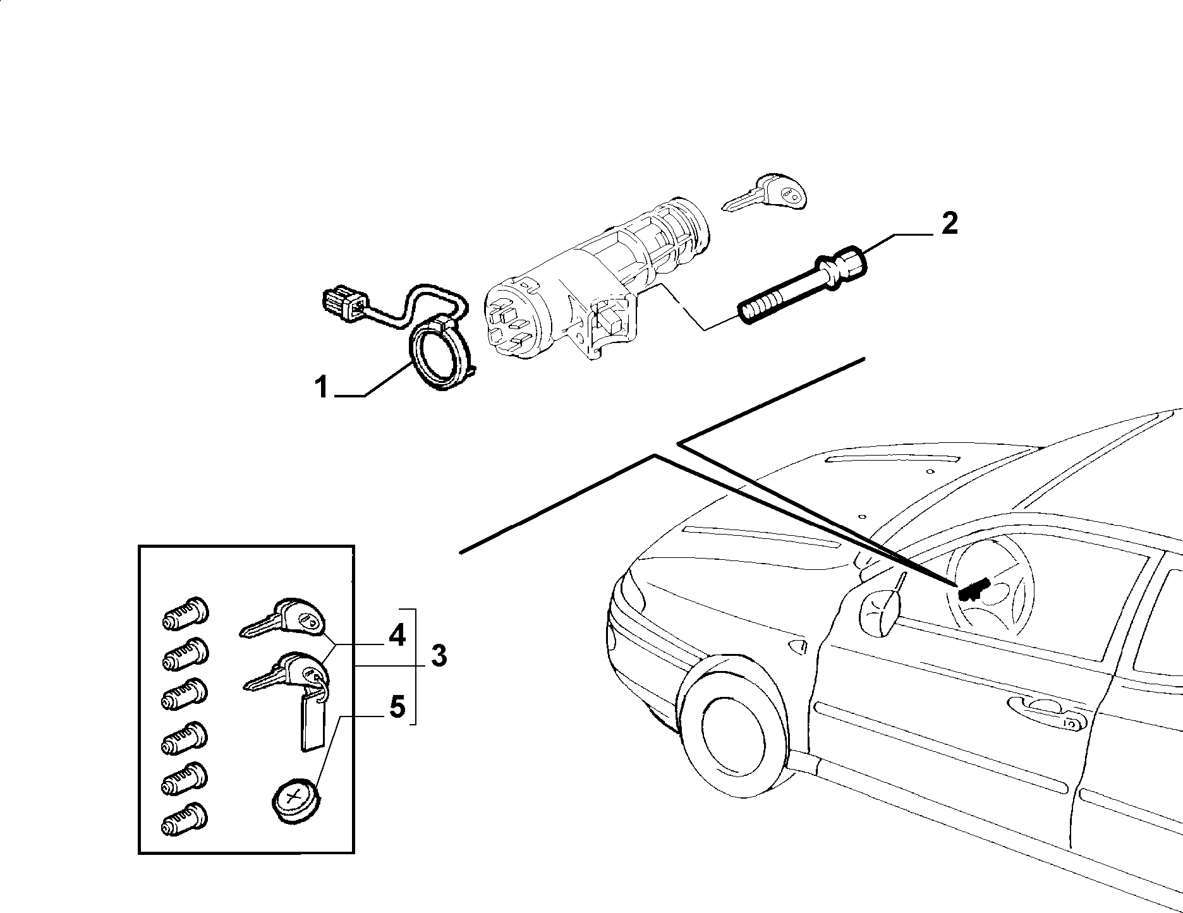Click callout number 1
322,386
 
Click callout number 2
949,224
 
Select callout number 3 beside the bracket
439,656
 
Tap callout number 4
397,635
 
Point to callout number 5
397,707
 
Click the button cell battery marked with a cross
296,801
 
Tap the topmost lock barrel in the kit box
185,612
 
